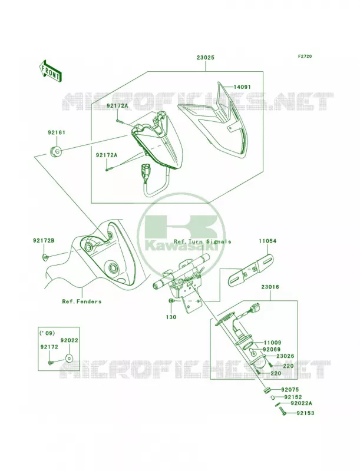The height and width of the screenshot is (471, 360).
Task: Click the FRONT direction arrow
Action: (x=51, y=71)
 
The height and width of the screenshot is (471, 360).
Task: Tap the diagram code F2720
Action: (x=305, y=56)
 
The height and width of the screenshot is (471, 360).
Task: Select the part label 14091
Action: (x=242, y=87)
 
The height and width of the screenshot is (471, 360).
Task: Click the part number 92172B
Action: (x=44, y=241)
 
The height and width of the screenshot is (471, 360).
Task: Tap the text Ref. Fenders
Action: (x=82, y=301)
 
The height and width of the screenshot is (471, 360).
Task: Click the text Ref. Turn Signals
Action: (x=203, y=241)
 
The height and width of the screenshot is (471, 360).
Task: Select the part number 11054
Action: (x=267, y=241)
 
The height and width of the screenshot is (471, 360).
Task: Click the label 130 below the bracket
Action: (x=171, y=317)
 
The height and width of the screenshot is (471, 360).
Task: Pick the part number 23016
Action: (x=270, y=287)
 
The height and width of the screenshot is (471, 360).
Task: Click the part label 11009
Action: (x=273, y=343)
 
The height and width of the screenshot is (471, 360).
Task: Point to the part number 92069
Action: (x=272, y=349)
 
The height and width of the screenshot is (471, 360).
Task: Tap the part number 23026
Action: (x=285, y=356)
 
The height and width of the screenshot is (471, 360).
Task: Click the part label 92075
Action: (x=290, y=390)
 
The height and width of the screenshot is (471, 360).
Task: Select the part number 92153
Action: (x=305, y=413)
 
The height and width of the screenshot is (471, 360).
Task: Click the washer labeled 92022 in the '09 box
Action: (x=69, y=358)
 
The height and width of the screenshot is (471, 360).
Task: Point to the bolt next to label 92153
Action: (x=282, y=411)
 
